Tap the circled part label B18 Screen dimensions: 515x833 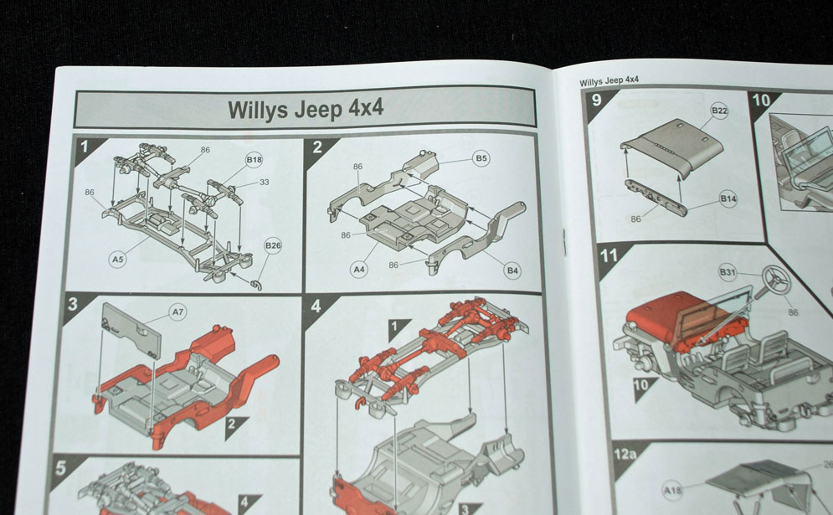tap(254, 159)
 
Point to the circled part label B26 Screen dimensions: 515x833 tap(273, 245)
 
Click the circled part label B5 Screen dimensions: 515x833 tap(481, 157)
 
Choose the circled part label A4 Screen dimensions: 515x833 tap(359, 269)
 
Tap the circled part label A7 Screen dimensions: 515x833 tap(177, 312)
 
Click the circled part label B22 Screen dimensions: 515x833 tap(719, 111)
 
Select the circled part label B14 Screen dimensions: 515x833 tap(728, 199)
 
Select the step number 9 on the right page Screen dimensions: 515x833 tap(596, 100)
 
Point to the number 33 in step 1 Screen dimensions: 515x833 tap(264, 182)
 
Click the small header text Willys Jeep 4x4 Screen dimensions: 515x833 tap(609, 80)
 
